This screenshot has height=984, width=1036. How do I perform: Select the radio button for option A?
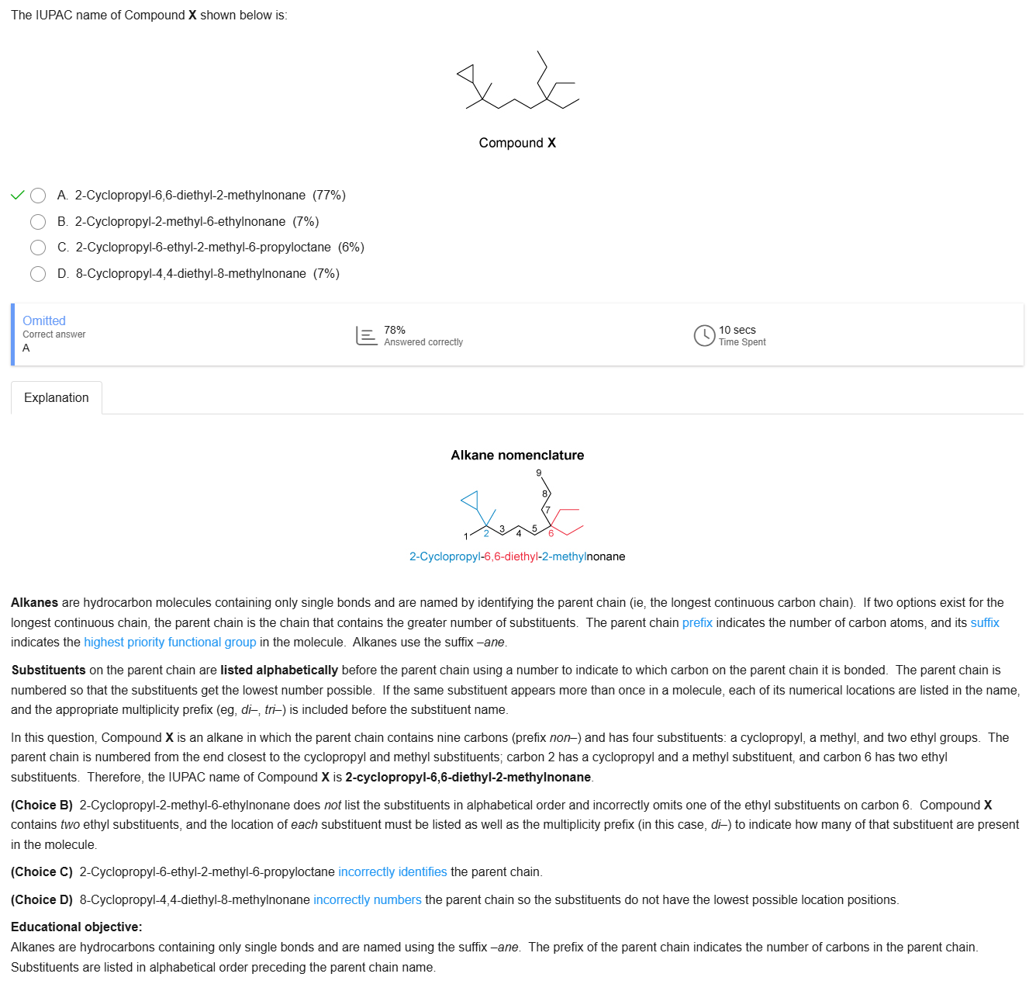[38, 196]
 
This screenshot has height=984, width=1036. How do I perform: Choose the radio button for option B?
[38, 222]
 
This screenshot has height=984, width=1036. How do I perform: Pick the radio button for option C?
[38, 248]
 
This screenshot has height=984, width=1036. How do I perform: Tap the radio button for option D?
[38, 274]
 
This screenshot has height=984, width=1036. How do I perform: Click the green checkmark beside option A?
[18, 195]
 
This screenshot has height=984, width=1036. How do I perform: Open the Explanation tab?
[57, 398]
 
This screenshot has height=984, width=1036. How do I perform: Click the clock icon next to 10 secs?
[704, 335]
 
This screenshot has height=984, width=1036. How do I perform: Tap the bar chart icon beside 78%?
[366, 335]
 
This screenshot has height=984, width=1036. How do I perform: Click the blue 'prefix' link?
[697, 623]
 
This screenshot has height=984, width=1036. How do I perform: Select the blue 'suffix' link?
[985, 623]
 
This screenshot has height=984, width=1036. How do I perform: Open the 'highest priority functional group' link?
[170, 643]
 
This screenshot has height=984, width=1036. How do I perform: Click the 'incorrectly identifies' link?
[392, 872]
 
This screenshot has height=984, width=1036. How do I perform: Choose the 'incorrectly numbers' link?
[368, 900]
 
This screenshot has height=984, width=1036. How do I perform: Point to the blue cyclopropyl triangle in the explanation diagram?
[471, 501]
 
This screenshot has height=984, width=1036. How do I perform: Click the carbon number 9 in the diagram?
[539, 473]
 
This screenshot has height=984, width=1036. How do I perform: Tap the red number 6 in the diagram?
[551, 533]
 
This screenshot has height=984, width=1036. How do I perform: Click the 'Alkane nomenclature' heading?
[517, 456]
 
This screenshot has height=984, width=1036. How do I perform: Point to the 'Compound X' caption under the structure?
[517, 143]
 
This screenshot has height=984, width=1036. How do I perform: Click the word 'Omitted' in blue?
[44, 321]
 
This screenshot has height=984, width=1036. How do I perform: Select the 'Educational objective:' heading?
[77, 927]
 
